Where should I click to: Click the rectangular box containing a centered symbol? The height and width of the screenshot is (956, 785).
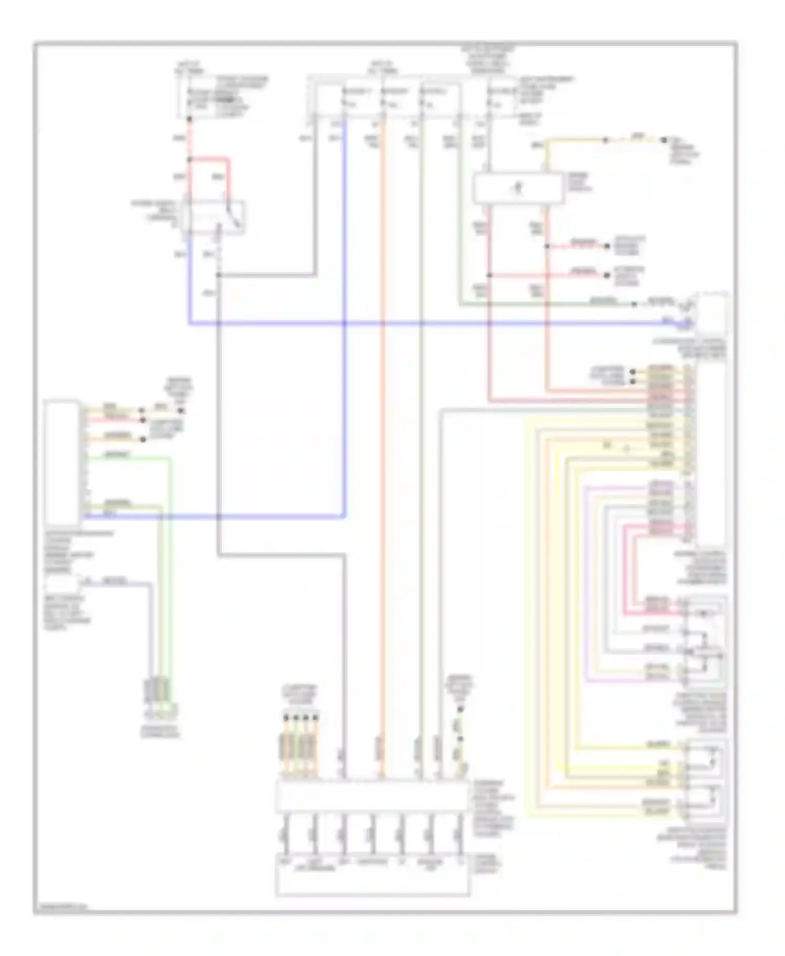point(518,189)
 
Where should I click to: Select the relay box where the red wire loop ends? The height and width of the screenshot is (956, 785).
point(215,216)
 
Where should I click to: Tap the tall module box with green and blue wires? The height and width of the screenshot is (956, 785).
point(62,462)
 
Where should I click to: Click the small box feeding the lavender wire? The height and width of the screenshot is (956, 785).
point(62,585)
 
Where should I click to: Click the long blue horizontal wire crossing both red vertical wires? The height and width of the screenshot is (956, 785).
point(419,324)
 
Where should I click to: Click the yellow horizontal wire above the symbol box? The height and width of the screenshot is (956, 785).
point(576,140)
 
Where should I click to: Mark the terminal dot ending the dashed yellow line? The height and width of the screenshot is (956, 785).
point(664,140)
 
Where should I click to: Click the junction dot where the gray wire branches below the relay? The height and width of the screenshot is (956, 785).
point(218,275)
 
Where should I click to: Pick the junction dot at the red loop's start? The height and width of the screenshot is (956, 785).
point(189,160)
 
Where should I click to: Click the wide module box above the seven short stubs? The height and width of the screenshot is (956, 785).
point(372,796)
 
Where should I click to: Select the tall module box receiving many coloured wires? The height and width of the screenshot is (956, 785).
point(711,455)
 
